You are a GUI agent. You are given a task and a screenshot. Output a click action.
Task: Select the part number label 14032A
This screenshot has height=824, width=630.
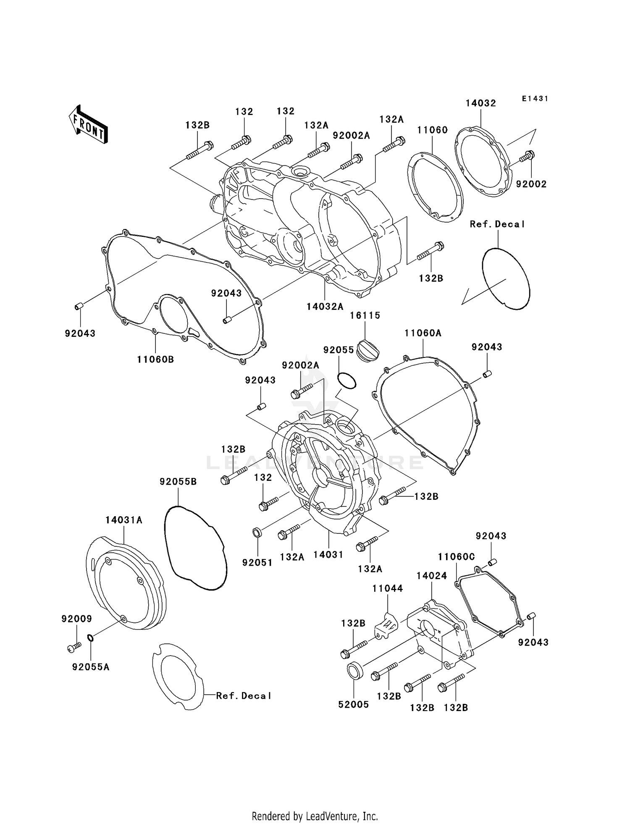[x=325, y=307]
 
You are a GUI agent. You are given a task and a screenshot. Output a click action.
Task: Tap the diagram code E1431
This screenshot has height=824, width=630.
[x=535, y=99]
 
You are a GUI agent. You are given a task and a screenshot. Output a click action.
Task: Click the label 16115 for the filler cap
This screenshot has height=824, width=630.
[x=365, y=315]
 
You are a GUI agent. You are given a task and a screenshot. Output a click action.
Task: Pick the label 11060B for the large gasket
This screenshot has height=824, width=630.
[x=155, y=360]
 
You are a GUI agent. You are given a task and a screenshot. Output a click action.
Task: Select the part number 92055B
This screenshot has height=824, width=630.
[x=178, y=482]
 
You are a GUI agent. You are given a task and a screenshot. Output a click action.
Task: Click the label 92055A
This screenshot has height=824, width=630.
[x=91, y=667]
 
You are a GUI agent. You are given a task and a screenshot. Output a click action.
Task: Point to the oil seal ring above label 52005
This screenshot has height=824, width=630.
[x=354, y=669]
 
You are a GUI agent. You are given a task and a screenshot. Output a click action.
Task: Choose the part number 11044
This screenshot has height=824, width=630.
[x=387, y=588]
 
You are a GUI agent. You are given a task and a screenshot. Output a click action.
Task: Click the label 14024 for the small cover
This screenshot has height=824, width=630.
[x=431, y=576]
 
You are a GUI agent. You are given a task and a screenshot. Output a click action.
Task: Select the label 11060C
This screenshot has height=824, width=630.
[x=456, y=557]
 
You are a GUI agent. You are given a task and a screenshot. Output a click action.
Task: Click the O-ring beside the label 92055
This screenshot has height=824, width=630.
[x=346, y=381]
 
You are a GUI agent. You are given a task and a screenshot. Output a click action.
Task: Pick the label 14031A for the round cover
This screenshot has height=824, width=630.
[x=123, y=520]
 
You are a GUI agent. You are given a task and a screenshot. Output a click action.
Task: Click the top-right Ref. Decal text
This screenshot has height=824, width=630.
[x=497, y=224]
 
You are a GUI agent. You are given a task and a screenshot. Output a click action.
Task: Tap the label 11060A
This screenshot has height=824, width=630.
[x=423, y=333]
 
